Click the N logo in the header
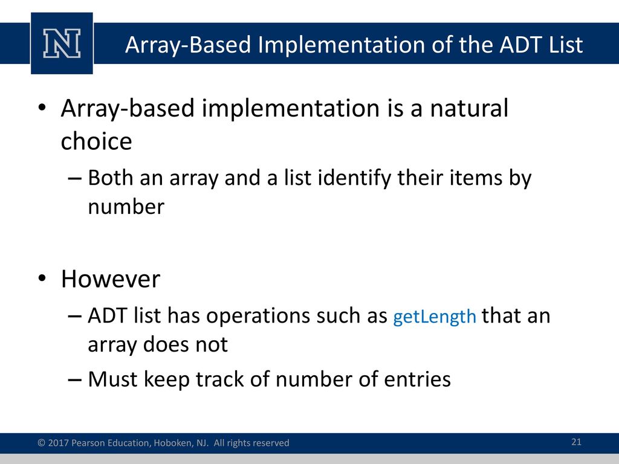click(62, 43)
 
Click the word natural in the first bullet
click(468, 108)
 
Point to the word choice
click(96, 141)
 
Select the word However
click(111, 279)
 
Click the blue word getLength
click(435, 317)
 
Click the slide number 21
click(576, 442)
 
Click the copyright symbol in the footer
click(42, 443)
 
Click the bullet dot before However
click(42, 278)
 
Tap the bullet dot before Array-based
click(42, 108)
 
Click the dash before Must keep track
click(74, 380)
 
